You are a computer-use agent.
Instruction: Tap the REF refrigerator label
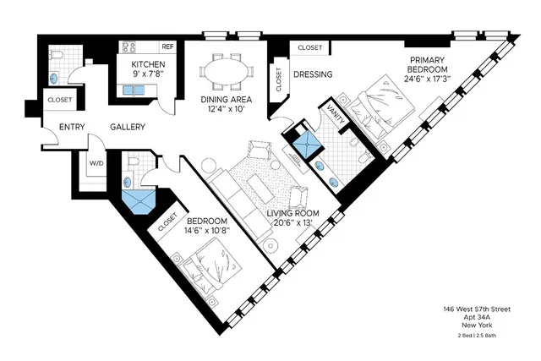(x=167, y=47)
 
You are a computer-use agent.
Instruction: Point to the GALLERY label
(x=128, y=128)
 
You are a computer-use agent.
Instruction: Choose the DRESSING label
(x=313, y=74)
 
